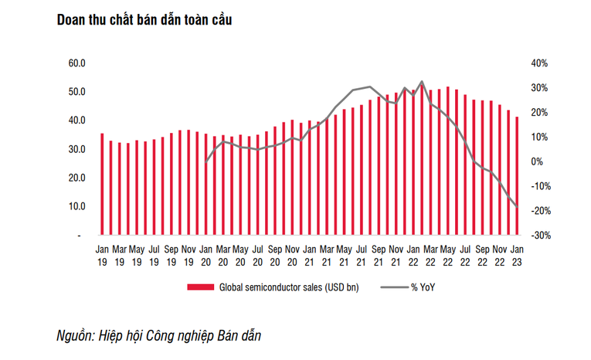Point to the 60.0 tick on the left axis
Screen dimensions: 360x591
point(76,63)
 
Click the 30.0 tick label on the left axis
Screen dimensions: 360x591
point(76,149)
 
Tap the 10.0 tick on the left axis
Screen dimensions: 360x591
point(76,206)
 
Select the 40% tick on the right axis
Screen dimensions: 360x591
point(538,63)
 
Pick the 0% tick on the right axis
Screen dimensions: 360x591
point(536,161)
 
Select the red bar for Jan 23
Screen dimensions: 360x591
point(517,175)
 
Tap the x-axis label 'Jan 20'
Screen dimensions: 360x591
point(206,255)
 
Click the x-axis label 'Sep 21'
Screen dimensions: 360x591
point(379,255)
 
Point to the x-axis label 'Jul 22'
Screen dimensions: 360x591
point(465,255)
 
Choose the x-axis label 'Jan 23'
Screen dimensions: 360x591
point(517,255)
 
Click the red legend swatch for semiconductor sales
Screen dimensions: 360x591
point(200,288)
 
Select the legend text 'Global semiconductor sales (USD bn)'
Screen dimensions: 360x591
point(285,288)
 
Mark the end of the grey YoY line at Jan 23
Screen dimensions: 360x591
point(517,206)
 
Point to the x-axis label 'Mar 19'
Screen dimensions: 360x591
point(120,255)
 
